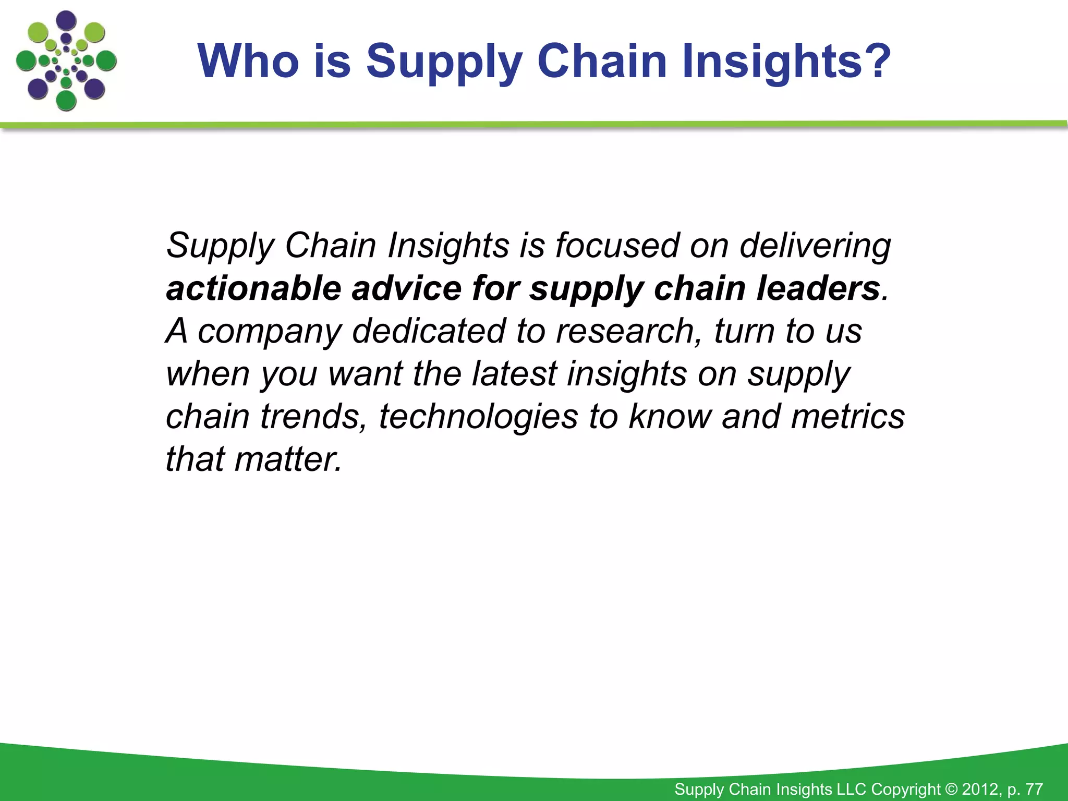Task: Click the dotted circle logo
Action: (x=66, y=60)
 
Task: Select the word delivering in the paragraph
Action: (x=815, y=246)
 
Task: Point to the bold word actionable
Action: (x=253, y=288)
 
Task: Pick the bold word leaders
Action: (x=818, y=288)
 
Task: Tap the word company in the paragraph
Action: (x=269, y=332)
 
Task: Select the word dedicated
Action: (x=429, y=331)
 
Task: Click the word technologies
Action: (x=478, y=418)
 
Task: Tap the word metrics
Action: (x=847, y=417)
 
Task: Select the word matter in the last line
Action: (x=288, y=459)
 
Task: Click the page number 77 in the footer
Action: (x=1034, y=789)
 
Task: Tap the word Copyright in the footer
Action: (x=906, y=790)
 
